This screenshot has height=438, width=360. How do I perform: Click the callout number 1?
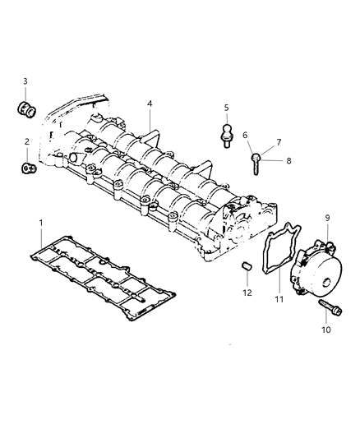pos(40,223)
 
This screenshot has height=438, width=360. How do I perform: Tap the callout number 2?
pos(26,142)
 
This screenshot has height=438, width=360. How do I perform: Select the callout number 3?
pos(25,81)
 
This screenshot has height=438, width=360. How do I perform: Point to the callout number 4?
pos(150,104)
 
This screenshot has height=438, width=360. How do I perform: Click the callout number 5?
pos(226,108)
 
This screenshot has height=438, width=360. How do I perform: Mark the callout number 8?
pos(288,161)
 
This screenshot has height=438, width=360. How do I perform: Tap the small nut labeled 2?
pos(27,169)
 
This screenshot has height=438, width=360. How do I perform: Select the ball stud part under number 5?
pos(226,134)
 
